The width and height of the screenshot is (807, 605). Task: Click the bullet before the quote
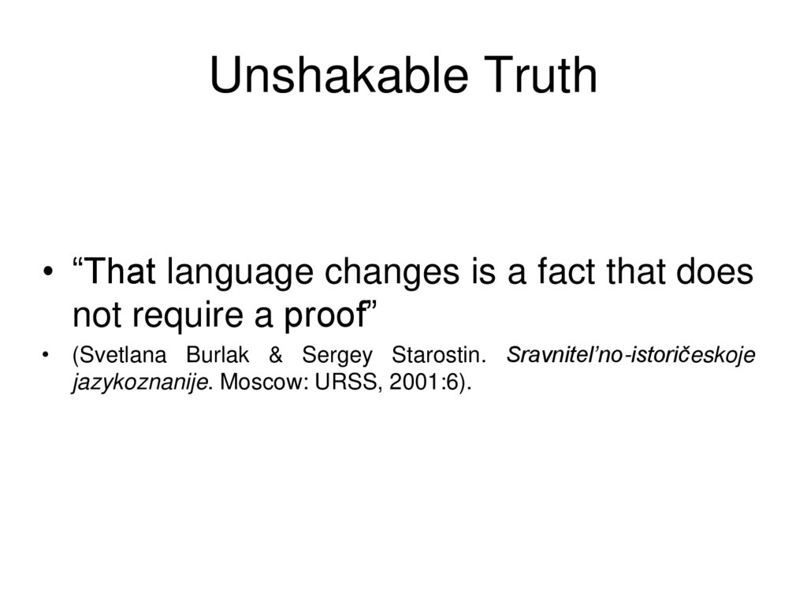point(50,274)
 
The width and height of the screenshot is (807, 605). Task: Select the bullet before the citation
point(50,356)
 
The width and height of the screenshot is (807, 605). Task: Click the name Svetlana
point(118,356)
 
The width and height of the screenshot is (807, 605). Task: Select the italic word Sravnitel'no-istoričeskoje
point(631,356)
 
